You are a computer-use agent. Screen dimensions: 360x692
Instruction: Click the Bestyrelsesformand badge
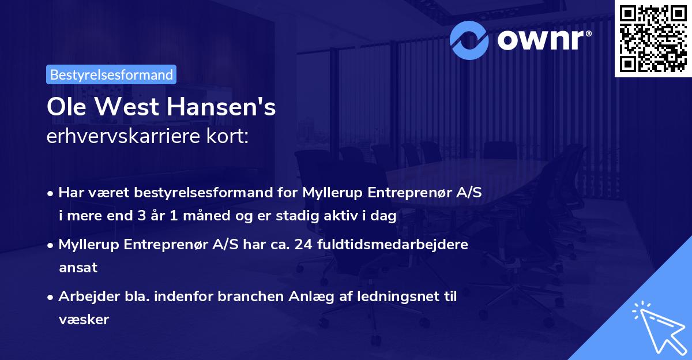point(111,74)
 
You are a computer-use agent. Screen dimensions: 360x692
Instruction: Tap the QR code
point(652,38)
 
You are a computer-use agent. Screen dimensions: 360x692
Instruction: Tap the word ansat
point(78,267)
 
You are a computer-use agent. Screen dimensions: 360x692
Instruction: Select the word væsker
point(84,319)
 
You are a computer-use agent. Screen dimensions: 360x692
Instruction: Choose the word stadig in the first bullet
point(294,216)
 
